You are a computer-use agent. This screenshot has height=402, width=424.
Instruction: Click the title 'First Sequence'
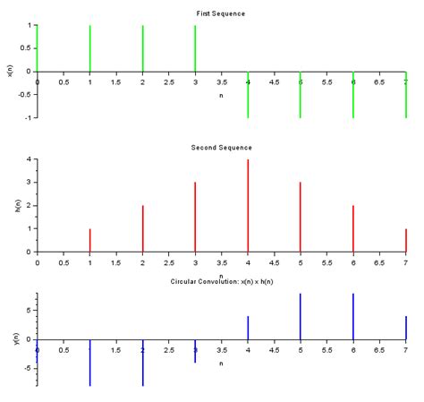click(x=221, y=13)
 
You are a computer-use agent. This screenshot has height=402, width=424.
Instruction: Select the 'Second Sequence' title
click(x=221, y=147)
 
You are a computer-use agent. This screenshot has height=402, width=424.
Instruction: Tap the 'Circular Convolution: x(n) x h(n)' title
click(x=221, y=282)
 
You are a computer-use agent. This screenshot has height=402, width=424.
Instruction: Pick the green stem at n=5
click(x=301, y=94)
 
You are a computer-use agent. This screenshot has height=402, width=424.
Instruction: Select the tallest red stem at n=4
click(x=248, y=205)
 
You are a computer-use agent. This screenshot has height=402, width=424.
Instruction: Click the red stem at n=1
click(x=90, y=240)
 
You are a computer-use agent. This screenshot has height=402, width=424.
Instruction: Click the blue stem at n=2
click(x=142, y=363)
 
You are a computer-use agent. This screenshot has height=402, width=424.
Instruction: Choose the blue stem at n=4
click(x=248, y=328)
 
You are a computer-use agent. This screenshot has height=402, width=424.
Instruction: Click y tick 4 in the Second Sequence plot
click(x=30, y=159)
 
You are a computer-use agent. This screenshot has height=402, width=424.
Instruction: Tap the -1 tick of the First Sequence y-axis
click(x=29, y=117)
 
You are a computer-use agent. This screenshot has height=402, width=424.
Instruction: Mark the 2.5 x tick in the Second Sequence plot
click(x=168, y=262)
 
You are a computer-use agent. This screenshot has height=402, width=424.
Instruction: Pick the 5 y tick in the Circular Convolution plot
click(x=30, y=311)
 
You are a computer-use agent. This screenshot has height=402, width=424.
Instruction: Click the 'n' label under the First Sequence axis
click(x=221, y=94)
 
